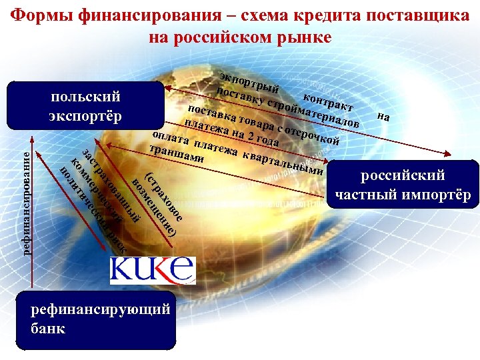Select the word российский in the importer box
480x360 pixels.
point(403,176)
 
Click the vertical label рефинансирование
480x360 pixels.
point(26,202)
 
